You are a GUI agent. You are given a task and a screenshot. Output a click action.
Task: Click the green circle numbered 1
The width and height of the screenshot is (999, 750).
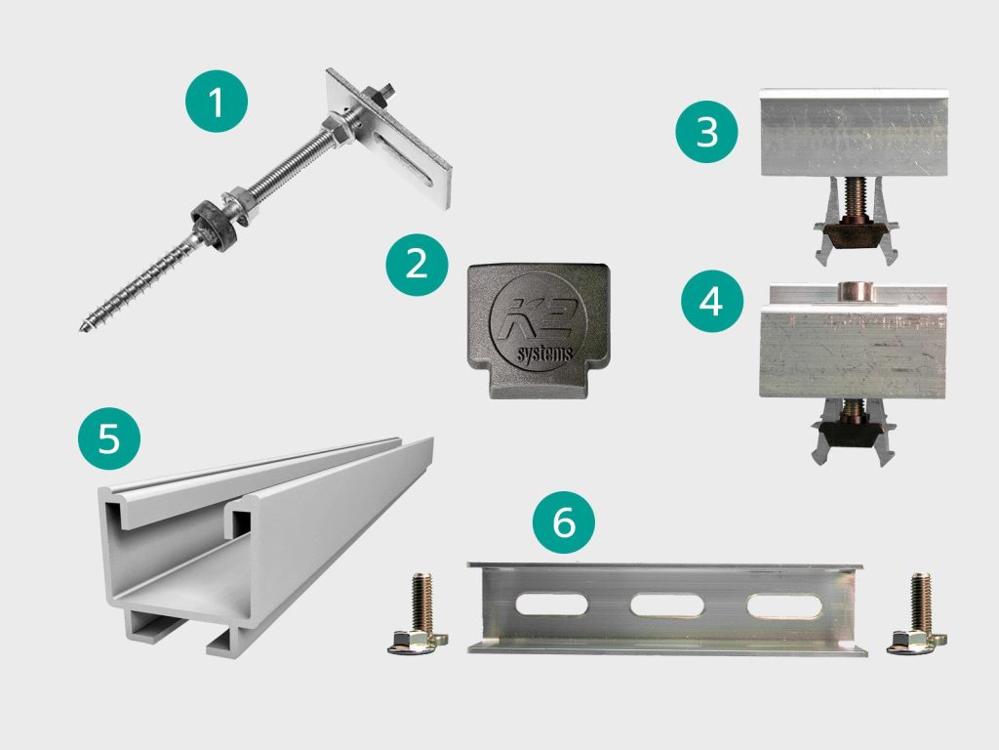click(x=217, y=102)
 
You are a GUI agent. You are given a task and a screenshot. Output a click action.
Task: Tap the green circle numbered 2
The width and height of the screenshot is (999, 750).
click(x=417, y=264)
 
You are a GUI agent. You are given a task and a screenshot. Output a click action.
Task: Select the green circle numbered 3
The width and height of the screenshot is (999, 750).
click(x=706, y=132)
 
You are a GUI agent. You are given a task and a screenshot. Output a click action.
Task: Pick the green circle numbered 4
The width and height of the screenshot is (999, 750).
click(x=711, y=301)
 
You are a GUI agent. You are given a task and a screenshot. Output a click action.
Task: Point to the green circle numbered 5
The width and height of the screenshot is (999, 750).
click(x=109, y=438)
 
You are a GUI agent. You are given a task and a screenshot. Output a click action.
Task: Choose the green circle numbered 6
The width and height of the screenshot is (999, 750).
click(x=564, y=522)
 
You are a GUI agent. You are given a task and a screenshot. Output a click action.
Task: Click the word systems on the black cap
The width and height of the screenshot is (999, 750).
click(x=544, y=354)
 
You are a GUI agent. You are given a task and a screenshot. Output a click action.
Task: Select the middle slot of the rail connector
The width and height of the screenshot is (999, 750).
click(x=666, y=605)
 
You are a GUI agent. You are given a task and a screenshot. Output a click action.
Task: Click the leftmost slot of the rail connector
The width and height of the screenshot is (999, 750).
click(x=552, y=604)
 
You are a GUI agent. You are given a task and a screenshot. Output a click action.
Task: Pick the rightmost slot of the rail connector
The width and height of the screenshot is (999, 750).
click(x=784, y=605)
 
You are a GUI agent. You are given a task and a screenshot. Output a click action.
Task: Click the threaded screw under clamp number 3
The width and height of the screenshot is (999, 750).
click(x=853, y=197)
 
